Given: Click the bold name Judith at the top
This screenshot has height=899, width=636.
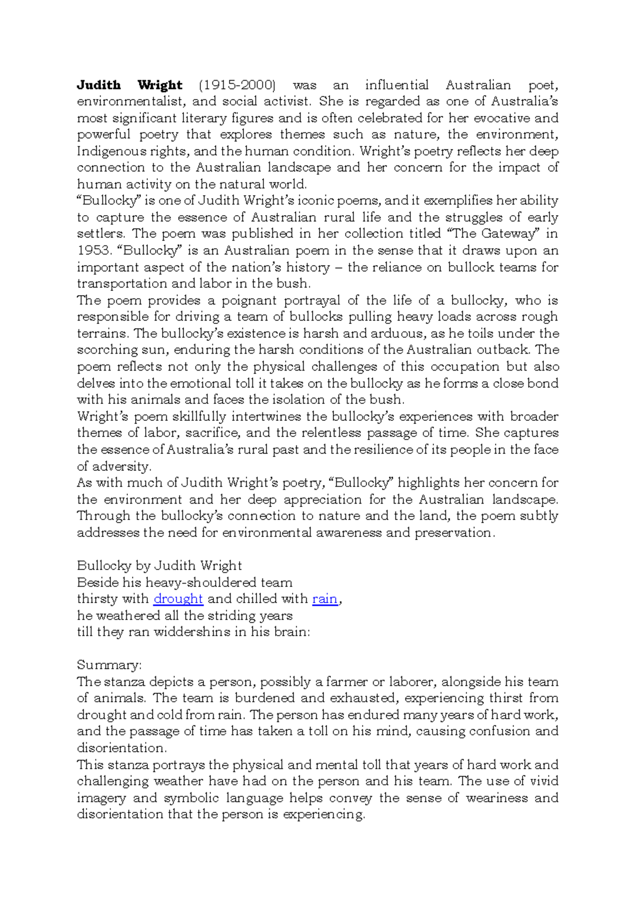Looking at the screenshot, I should click(99, 85).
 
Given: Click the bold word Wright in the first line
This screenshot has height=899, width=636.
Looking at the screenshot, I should click(160, 85).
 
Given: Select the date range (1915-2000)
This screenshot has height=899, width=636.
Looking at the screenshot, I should click(237, 85).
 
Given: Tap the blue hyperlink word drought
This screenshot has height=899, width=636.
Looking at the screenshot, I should click(178, 598).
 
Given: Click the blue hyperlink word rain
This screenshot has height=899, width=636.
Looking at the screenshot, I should click(324, 598).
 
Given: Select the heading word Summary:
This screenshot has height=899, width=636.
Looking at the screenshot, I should click(109, 665).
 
